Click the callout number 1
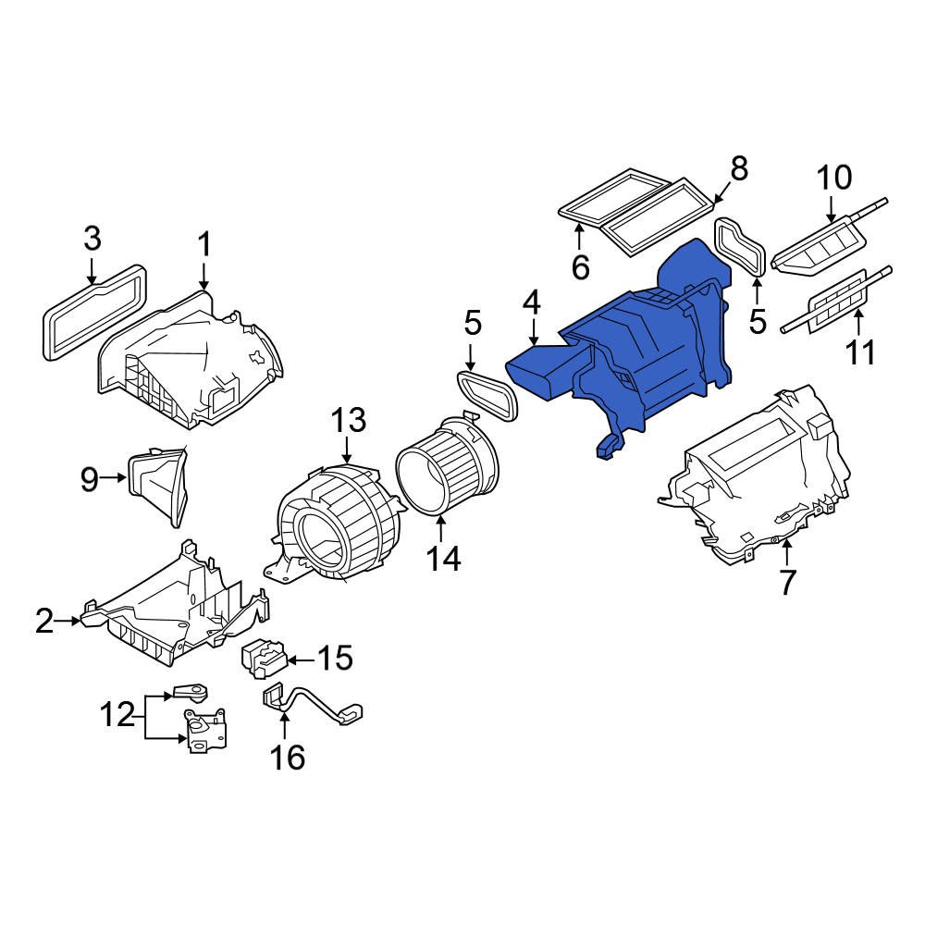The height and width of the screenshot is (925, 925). pyautogui.click(x=204, y=246)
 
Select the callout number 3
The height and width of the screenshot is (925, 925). pyautogui.click(x=92, y=239)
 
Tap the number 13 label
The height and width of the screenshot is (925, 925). pyautogui.click(x=350, y=420)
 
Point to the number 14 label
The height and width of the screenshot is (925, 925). pyautogui.click(x=441, y=558)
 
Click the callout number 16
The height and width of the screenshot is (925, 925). pyautogui.click(x=287, y=758)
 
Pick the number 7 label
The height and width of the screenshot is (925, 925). pyautogui.click(x=787, y=583)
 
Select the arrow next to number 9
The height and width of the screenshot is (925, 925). pyautogui.click(x=115, y=478)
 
